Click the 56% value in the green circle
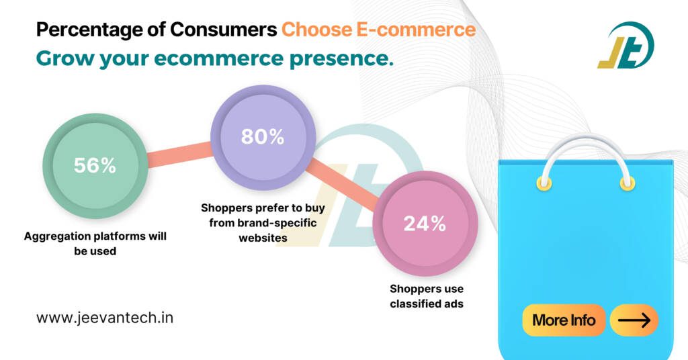coord(95,166)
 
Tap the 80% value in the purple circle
coord(263,137)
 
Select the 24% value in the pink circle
coord(425,224)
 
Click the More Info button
coord(564,320)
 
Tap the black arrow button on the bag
coord(634,320)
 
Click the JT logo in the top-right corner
coord(625,45)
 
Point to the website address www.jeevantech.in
coord(105,318)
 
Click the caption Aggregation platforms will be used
coord(95,243)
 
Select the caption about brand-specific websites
coord(262,222)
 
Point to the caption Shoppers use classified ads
coord(427,296)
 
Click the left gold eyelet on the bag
coord(544,183)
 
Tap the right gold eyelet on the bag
coord(628,183)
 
